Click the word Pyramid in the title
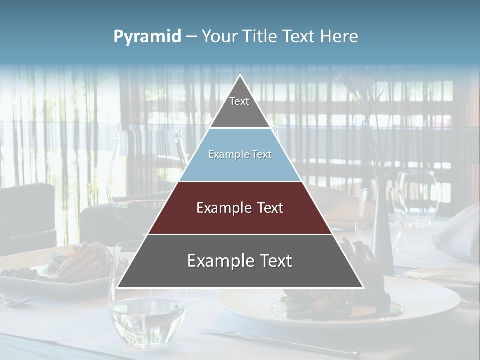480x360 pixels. (x=147, y=37)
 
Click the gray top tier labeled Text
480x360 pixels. (x=240, y=107)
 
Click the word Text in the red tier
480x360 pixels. (x=270, y=208)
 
